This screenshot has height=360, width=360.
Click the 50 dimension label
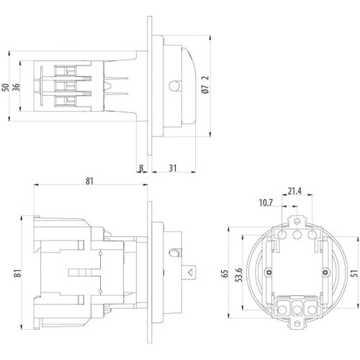coord(6,87)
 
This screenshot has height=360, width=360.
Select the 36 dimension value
coord(17,87)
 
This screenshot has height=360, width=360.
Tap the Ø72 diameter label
coord(205,85)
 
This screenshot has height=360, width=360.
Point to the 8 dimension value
coord(141,168)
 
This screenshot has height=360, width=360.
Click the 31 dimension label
coord(173,168)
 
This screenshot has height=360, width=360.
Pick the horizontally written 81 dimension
coord(89,181)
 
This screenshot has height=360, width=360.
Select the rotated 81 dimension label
coord(17,274)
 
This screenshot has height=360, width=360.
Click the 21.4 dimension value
coord(294,192)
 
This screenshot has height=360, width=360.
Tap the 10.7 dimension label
coord(266,203)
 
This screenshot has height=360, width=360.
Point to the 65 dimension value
coord(225,274)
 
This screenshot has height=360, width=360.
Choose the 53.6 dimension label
coord(238,275)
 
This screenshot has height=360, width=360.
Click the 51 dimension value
coord(354,274)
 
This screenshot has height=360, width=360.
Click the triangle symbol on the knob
coord(191,273)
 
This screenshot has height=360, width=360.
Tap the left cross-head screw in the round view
coord(268,272)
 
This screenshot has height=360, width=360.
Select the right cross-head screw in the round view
coord(325,272)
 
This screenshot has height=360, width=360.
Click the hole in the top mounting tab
coord(297,221)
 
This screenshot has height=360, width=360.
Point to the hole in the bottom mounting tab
coord(297,323)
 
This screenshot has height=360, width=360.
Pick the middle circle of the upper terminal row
coord(297,235)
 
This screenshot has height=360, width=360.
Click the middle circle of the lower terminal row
coord(297,310)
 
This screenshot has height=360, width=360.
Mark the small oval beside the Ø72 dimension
coord(174,86)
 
